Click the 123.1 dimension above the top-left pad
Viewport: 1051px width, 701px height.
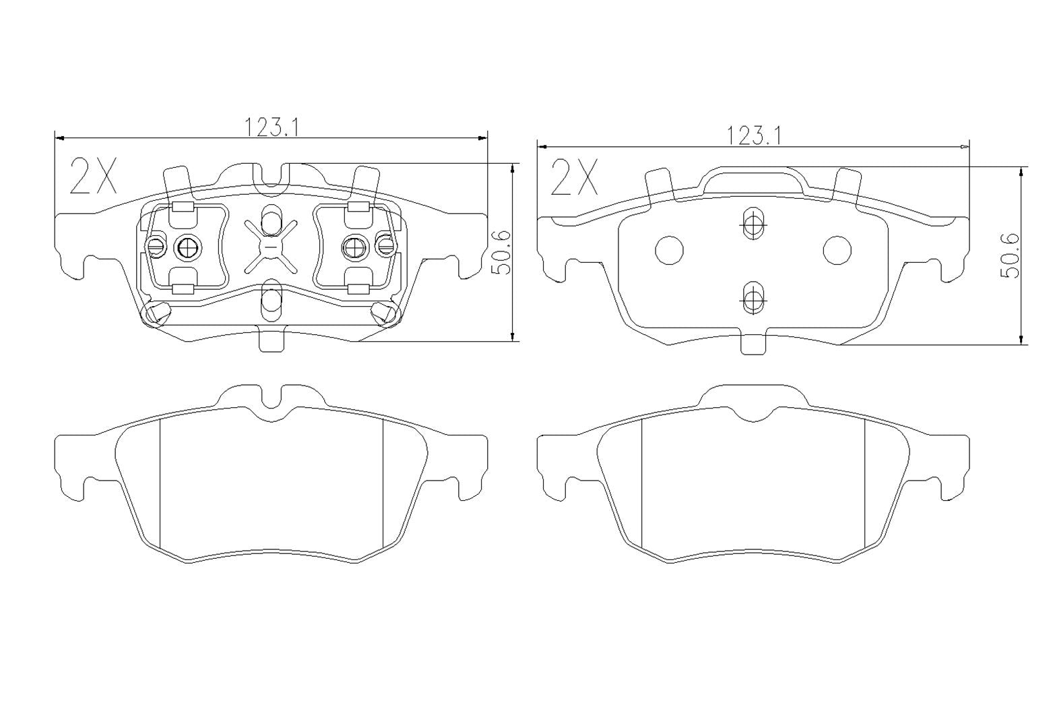271,127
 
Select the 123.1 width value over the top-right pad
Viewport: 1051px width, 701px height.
753,135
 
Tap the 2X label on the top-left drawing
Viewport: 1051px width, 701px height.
94,177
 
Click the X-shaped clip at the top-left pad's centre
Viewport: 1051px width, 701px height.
271,247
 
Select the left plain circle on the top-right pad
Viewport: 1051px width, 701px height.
669,249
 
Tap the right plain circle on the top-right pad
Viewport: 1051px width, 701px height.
837,249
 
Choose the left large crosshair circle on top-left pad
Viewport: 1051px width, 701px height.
187,248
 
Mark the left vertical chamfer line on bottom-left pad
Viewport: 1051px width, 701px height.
160,482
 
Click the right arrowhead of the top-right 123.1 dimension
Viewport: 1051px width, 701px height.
964,146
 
